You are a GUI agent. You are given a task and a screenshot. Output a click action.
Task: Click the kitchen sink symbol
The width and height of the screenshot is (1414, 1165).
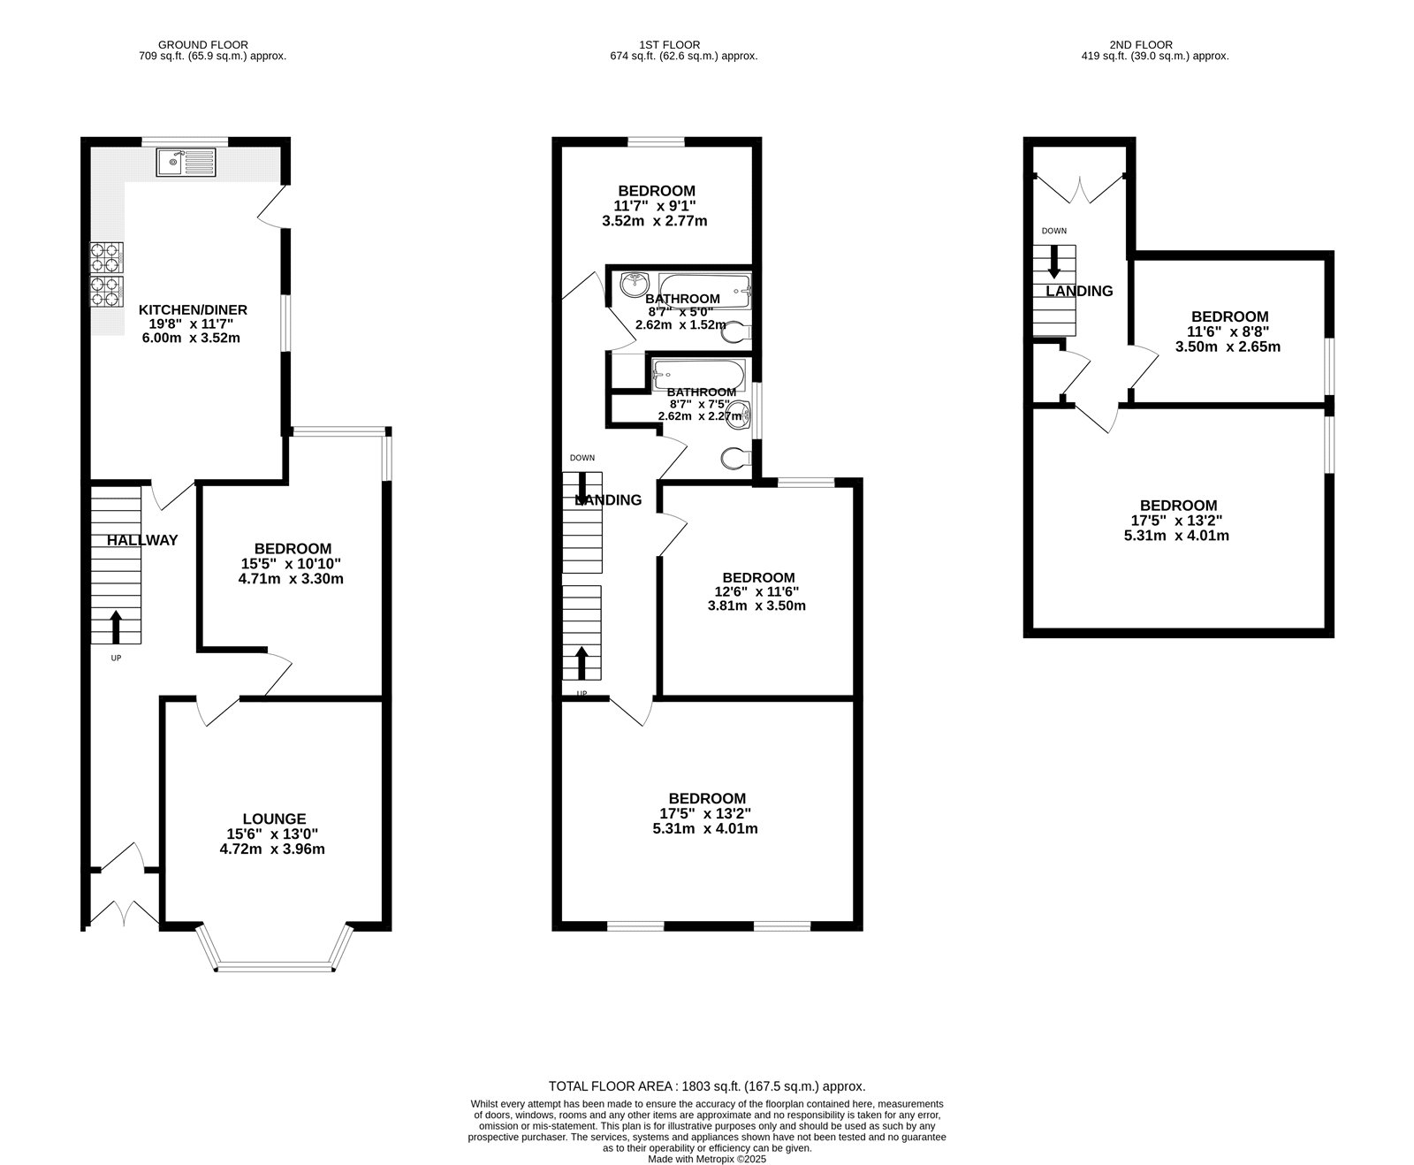click(x=186, y=163)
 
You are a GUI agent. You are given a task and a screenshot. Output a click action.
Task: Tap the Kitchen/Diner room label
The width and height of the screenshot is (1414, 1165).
click(x=193, y=310)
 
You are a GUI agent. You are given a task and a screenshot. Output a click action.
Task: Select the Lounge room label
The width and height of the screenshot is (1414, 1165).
click(x=274, y=819)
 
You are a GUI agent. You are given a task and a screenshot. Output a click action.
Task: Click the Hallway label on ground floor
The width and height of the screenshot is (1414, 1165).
click(x=142, y=540)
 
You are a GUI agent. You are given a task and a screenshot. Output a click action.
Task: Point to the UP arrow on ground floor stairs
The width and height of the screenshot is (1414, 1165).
click(x=116, y=627)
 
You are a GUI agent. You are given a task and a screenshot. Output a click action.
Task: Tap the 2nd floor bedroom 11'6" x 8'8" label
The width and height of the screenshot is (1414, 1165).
click(x=1229, y=316)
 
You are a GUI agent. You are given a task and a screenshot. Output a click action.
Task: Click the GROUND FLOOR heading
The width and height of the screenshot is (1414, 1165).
click(x=202, y=44)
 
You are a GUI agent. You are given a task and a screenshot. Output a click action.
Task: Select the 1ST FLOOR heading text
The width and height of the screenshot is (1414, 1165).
click(x=670, y=44)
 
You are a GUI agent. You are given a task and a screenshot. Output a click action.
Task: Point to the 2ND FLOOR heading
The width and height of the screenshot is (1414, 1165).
click(x=1141, y=44)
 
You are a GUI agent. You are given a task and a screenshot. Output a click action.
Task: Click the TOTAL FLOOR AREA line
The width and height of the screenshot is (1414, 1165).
click(x=707, y=1086)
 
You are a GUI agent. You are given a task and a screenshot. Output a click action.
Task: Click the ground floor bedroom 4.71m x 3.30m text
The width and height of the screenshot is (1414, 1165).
click(x=291, y=580)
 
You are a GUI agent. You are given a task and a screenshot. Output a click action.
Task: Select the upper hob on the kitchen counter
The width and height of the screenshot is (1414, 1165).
click(x=108, y=257)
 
